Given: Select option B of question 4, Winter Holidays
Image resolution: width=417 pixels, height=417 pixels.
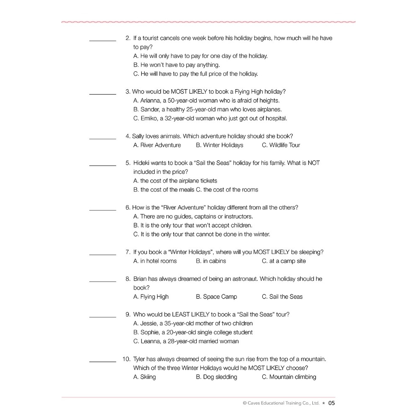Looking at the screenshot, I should tap(219, 145).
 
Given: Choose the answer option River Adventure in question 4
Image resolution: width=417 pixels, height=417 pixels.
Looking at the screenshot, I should tap(157, 145).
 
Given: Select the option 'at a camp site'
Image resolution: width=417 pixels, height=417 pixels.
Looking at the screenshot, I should tap(284, 261).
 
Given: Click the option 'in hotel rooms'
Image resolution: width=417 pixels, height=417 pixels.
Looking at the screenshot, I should tap(155, 261).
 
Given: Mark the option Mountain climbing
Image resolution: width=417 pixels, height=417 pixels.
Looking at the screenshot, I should tap(289, 377).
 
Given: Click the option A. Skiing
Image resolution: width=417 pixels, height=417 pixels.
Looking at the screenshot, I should tap(144, 377).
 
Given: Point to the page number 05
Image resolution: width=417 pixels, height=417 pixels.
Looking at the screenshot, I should tap(332, 403).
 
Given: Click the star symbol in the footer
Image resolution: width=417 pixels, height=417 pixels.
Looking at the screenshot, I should tap(324, 403).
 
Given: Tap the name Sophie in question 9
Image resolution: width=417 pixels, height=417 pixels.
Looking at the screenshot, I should tap(150, 332).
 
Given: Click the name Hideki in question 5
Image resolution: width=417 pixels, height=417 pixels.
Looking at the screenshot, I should tap(143, 163).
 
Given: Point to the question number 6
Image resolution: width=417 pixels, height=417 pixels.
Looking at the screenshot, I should tap(128, 208).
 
